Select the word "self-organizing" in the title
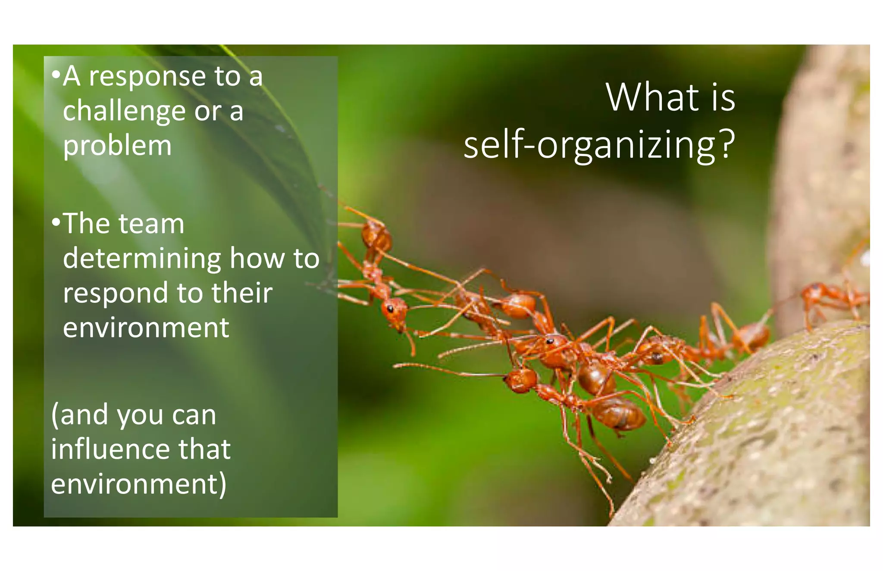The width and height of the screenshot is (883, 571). pyautogui.click(x=589, y=146)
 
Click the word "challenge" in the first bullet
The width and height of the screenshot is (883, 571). pyautogui.click(x=124, y=111)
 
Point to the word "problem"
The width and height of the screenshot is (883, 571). pyautogui.click(x=117, y=146)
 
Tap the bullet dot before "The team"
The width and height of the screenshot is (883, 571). pyautogui.click(x=56, y=222)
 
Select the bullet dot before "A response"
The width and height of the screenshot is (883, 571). pyautogui.click(x=56, y=75)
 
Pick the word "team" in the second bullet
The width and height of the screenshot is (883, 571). pyautogui.click(x=151, y=224)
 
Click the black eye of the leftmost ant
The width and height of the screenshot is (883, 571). pyautogui.click(x=390, y=309)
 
